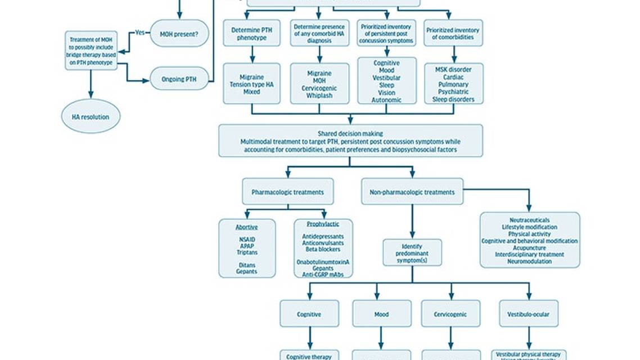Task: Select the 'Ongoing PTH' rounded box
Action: click(x=179, y=78)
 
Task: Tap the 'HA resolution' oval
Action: click(x=91, y=117)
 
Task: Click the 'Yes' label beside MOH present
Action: click(x=140, y=33)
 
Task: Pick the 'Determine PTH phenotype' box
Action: click(x=251, y=33)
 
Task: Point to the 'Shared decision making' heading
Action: click(x=350, y=133)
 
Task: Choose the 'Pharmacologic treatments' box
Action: click(x=287, y=192)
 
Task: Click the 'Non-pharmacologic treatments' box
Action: click(x=412, y=192)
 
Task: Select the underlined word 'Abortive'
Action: click(x=247, y=227)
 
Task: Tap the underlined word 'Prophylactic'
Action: click(x=323, y=224)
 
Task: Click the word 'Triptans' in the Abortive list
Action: click(x=247, y=253)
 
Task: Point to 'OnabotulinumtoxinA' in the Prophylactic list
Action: click(x=323, y=262)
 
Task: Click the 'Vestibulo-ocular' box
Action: click(x=529, y=314)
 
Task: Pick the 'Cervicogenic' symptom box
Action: click(x=451, y=314)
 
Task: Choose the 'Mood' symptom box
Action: click(x=381, y=314)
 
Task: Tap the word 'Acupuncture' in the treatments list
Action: click(x=529, y=247)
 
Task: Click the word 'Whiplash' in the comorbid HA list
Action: click(x=319, y=96)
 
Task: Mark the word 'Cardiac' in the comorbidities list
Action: click(x=453, y=76)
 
